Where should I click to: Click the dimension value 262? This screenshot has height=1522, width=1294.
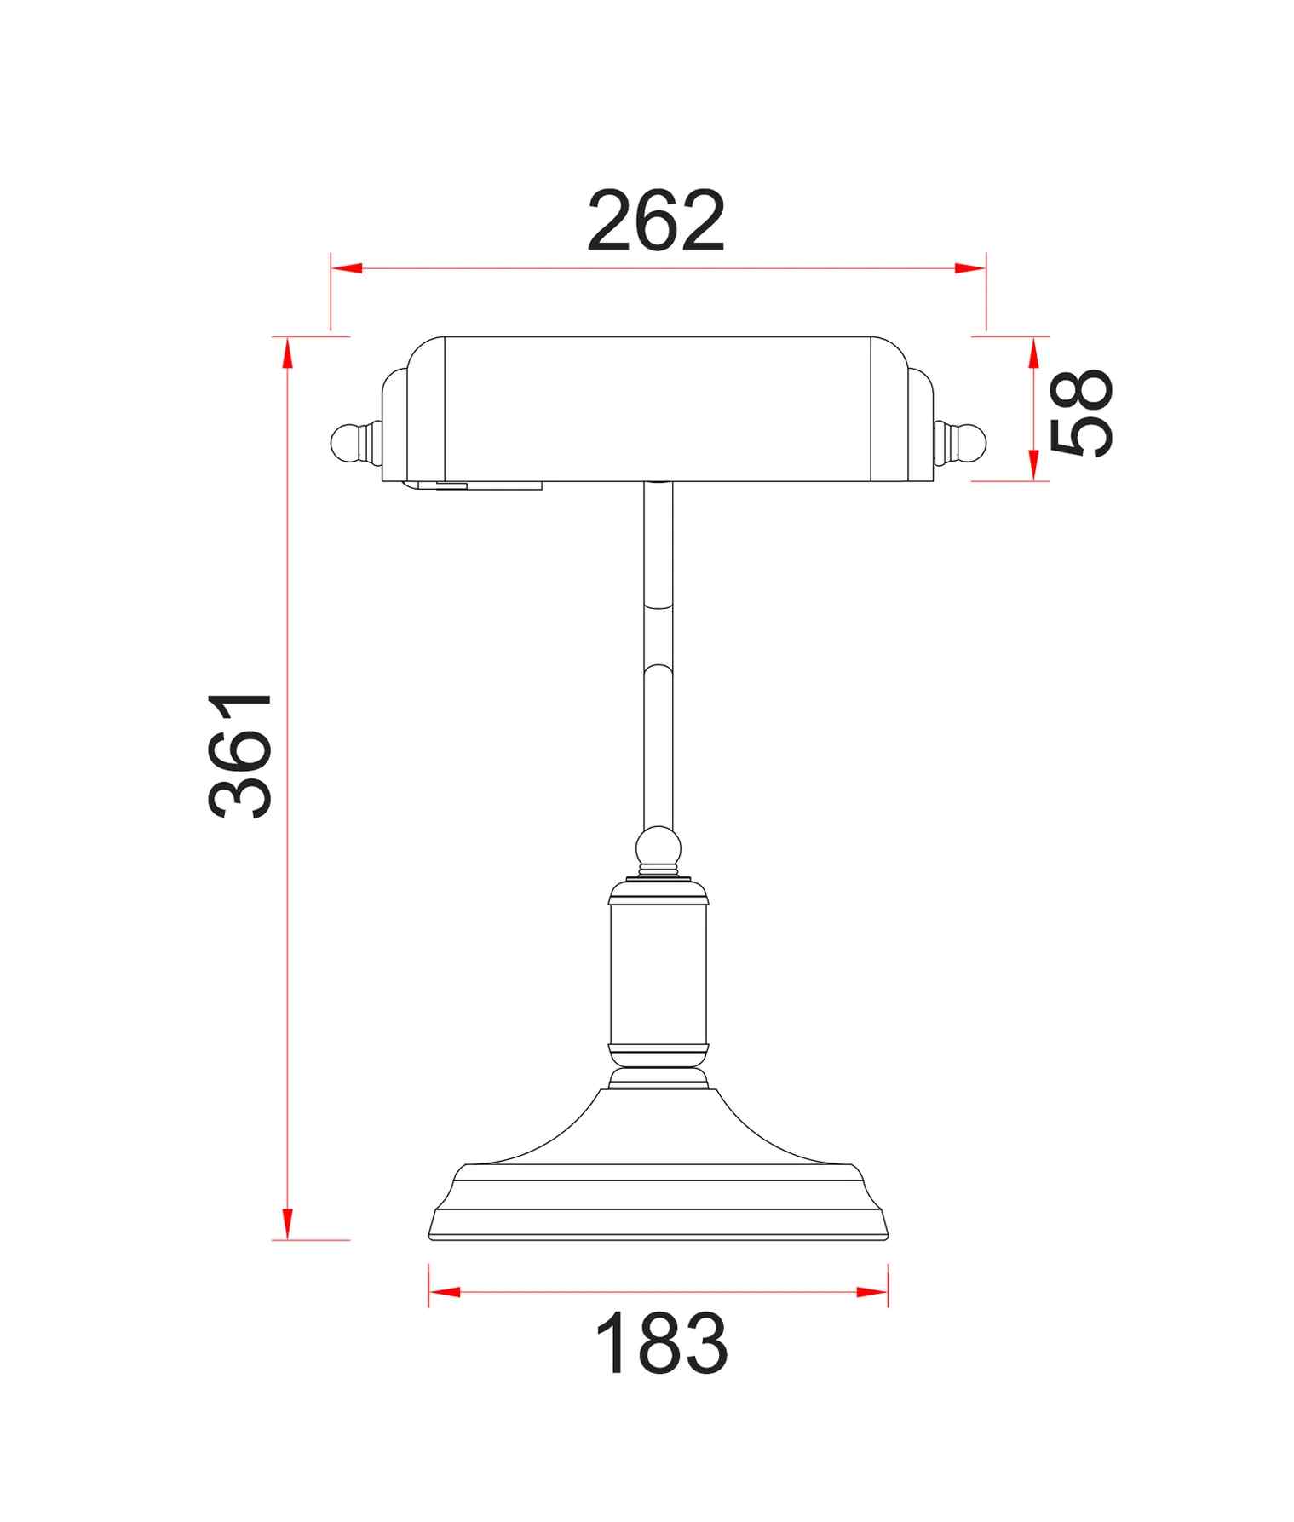656,221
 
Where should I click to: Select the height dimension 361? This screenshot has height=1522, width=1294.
240,755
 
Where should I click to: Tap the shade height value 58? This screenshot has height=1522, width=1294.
1081,414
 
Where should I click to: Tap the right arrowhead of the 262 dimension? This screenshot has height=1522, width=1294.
970,268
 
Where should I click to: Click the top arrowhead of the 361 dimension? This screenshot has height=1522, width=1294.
288,353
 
